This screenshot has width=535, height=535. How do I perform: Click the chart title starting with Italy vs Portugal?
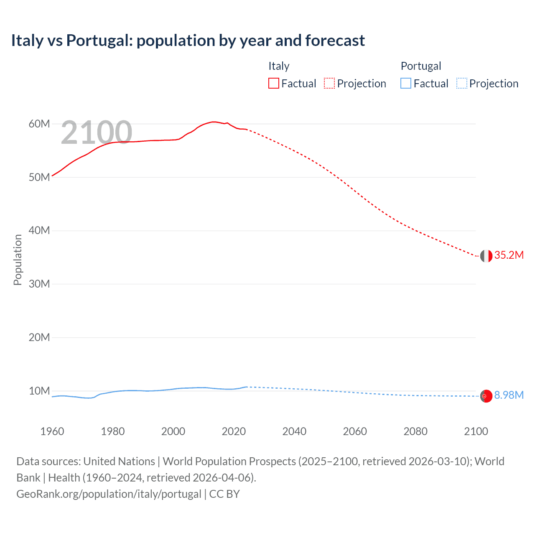click(188, 41)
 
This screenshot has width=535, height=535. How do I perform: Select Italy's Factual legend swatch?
click(273, 83)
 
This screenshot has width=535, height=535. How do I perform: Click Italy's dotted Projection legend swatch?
click(329, 83)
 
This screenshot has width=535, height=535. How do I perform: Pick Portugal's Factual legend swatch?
click(405, 83)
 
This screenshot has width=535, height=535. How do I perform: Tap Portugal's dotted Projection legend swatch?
click(461, 83)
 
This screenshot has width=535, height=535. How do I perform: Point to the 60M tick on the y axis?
click(39, 124)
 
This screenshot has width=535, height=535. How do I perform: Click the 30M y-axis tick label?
click(39, 284)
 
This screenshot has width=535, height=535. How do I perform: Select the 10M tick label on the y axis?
click(39, 391)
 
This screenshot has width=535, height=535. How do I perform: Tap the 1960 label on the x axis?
click(52, 431)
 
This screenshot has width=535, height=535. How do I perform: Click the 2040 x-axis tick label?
click(294, 431)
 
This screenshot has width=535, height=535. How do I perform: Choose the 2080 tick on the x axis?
click(415, 431)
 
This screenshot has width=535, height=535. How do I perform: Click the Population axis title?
click(18, 260)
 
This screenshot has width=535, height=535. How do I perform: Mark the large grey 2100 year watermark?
click(97, 132)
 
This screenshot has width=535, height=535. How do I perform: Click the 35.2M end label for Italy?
click(509, 255)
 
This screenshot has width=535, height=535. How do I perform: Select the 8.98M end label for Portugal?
click(509, 395)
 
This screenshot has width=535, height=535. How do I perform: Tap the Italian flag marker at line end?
click(486, 256)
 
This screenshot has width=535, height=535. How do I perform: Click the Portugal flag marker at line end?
click(486, 396)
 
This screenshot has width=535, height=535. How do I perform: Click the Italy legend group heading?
click(279, 66)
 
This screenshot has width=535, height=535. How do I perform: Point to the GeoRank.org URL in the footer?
click(109, 494)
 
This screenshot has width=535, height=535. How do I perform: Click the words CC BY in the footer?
click(224, 494)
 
